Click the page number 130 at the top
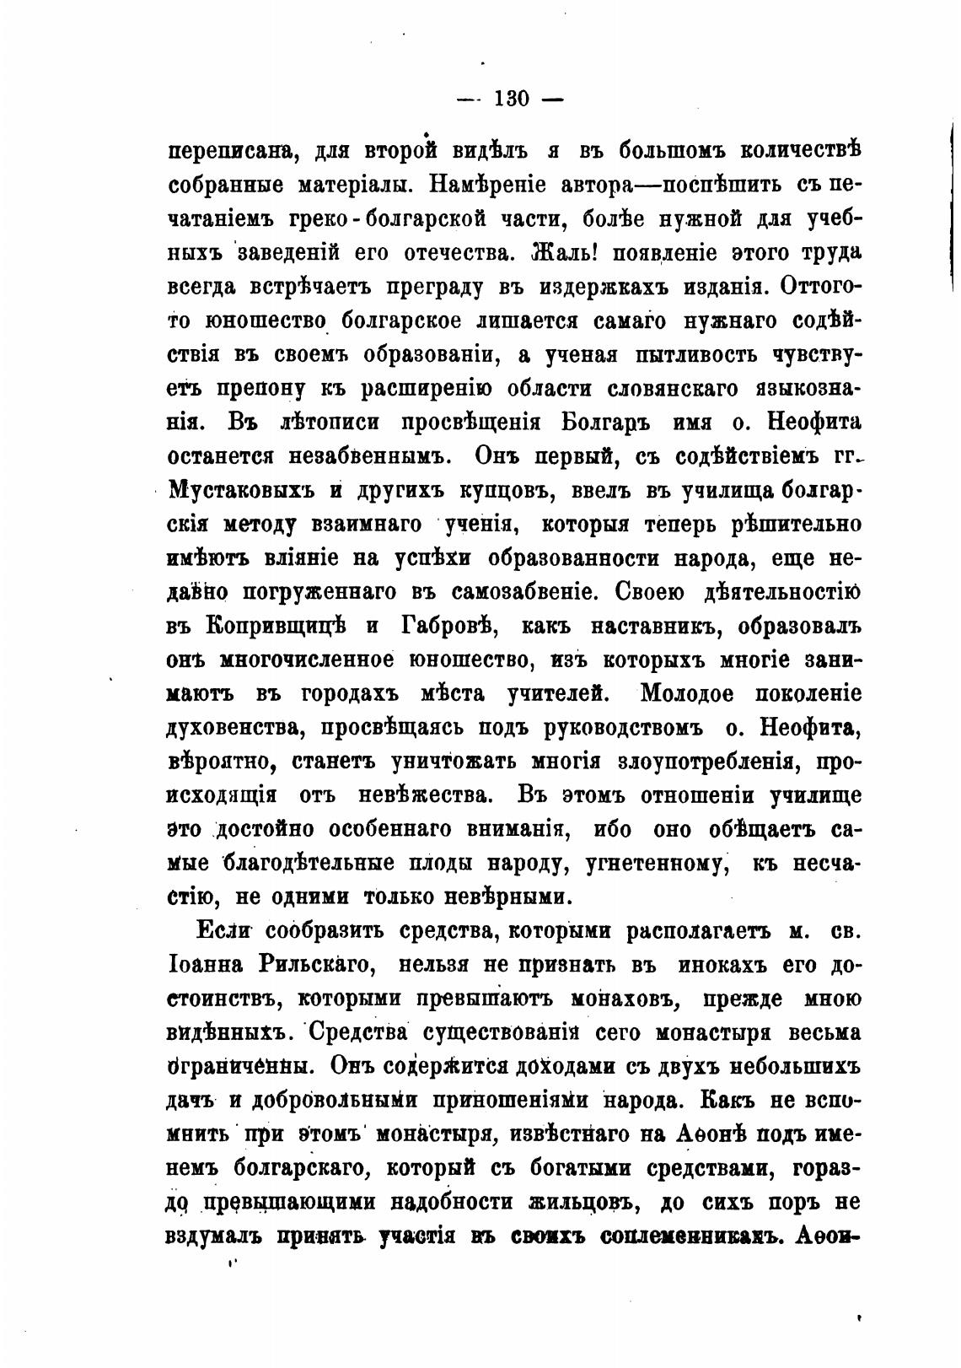pos(509,99)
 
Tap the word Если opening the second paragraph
pos(225,931)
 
